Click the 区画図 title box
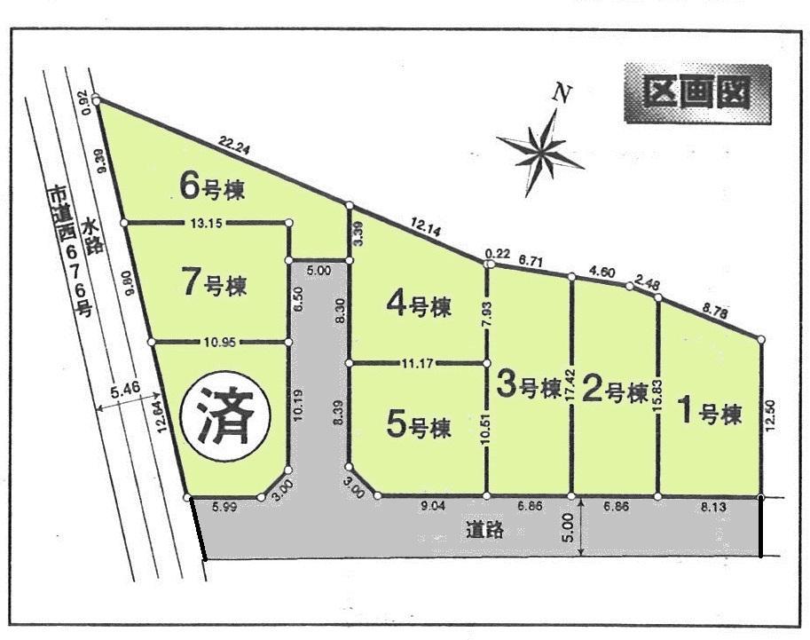tap(696, 93)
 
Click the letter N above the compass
tap(560, 91)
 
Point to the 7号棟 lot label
tap(214, 286)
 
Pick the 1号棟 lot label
tap(708, 413)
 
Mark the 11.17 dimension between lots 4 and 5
tap(418, 363)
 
